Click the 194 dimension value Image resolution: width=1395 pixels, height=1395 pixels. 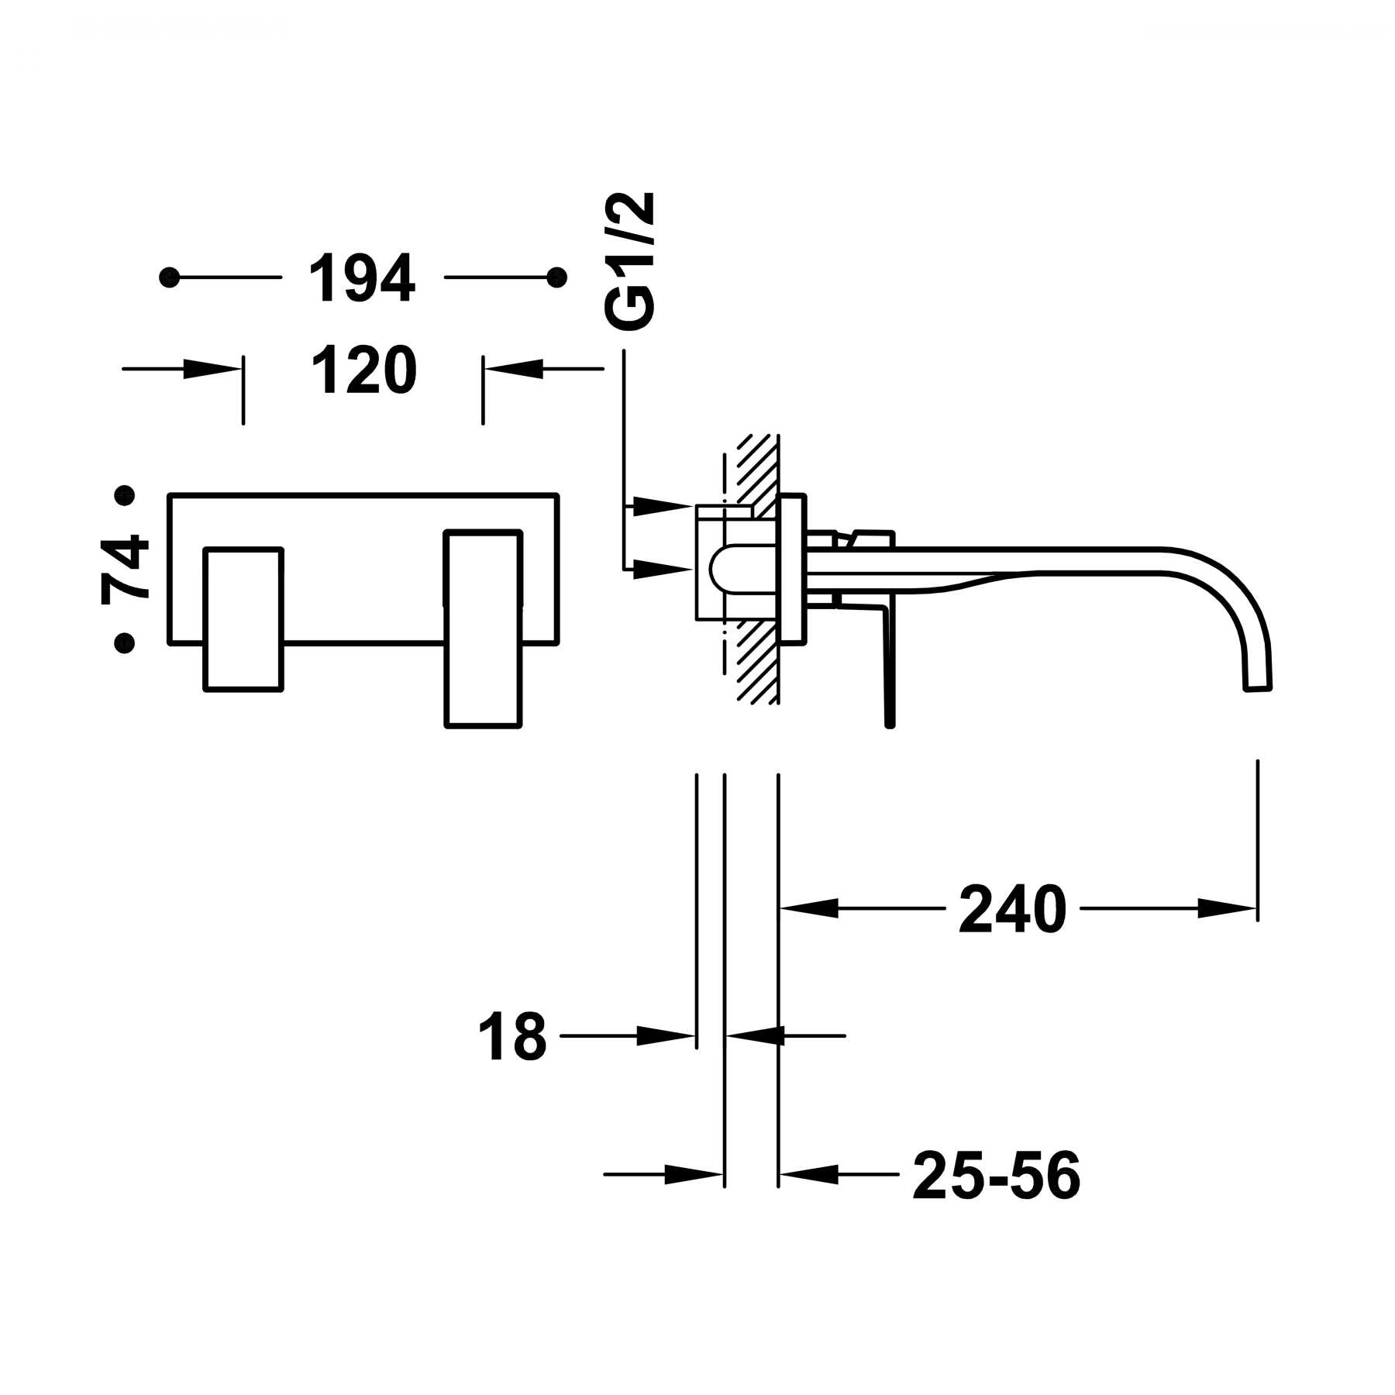(x=363, y=277)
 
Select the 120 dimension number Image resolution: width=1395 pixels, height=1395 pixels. (x=364, y=370)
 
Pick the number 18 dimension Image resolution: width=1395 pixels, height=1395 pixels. (x=512, y=1035)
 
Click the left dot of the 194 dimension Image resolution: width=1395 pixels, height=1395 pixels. (x=169, y=277)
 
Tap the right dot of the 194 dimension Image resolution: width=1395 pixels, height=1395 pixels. (x=556, y=277)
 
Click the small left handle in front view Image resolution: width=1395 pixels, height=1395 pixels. (x=243, y=618)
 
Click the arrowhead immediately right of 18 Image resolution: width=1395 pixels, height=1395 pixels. (x=665, y=1035)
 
